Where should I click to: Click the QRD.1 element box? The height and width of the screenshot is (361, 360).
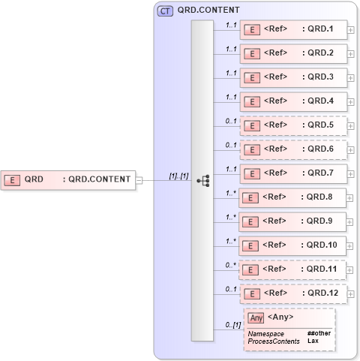click(293, 30)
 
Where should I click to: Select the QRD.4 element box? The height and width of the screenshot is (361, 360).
click(293, 101)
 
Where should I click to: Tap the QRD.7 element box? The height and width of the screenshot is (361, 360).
click(293, 173)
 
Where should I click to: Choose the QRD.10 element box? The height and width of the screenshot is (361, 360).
click(292, 245)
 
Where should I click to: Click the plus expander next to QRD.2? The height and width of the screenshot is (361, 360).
click(351, 55)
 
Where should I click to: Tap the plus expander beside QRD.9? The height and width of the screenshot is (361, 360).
click(351, 222)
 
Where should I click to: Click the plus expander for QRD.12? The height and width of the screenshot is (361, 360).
click(351, 294)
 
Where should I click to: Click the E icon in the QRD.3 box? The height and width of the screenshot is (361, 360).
click(253, 77)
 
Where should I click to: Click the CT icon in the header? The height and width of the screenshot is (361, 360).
click(164, 11)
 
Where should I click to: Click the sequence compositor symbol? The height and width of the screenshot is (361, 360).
click(202, 181)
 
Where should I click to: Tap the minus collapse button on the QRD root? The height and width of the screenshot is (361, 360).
click(139, 179)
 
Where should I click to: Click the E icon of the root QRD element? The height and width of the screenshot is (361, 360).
click(12, 179)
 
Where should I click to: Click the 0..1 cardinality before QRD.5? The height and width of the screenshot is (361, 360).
click(232, 121)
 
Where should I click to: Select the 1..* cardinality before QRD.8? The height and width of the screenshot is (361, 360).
click(232, 193)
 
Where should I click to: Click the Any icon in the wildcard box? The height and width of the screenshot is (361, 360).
click(256, 317)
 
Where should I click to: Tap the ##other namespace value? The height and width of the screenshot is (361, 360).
click(318, 332)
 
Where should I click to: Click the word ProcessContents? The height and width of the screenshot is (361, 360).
click(273, 341)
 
